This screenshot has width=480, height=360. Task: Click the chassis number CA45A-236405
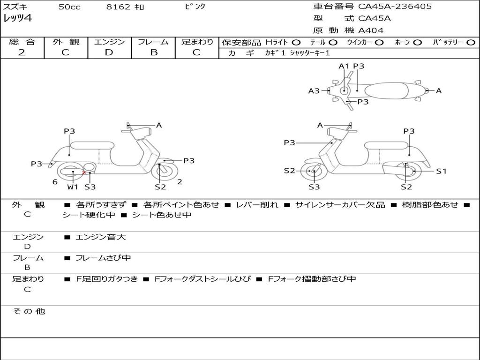(395, 7)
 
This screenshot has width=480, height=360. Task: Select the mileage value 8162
(118, 7)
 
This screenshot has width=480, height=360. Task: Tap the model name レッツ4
(17, 18)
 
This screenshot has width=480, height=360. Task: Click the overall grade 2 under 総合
(22, 52)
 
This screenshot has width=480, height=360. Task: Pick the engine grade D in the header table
(109, 52)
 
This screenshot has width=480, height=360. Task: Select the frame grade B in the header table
(154, 52)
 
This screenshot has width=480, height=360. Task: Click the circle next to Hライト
(296, 43)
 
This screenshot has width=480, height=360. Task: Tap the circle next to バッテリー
(471, 43)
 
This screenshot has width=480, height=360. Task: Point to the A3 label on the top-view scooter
(314, 90)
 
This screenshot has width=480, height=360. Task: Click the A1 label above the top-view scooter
(344, 66)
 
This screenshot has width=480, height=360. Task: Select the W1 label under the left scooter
(73, 187)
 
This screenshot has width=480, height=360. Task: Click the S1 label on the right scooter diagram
(441, 171)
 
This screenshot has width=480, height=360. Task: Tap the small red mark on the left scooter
(83, 173)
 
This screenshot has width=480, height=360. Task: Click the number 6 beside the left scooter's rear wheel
(55, 182)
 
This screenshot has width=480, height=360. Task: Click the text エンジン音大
(101, 237)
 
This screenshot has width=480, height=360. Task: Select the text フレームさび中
(103, 258)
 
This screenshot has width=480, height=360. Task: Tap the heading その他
(29, 311)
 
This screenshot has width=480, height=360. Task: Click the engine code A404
(371, 30)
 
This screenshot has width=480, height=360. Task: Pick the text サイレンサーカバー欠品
(340, 205)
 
